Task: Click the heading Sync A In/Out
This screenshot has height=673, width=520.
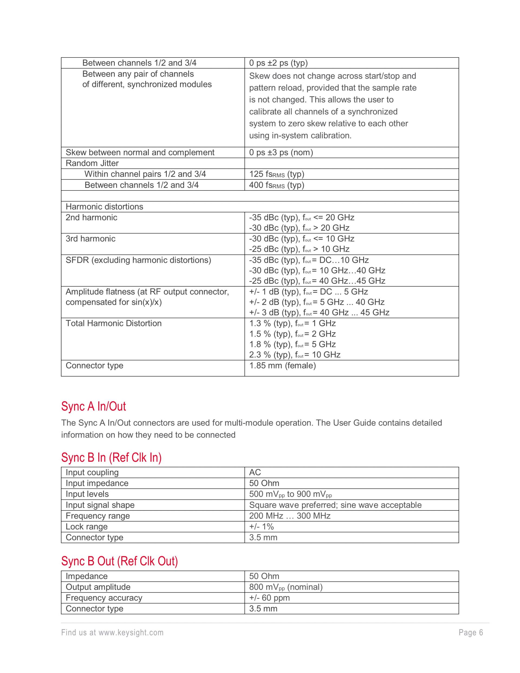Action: [x=93, y=406]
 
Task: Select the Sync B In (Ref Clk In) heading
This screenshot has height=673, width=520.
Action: [x=111, y=458]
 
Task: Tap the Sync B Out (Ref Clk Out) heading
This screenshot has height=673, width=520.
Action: [x=119, y=561]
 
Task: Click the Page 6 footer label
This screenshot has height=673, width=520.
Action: [x=471, y=633]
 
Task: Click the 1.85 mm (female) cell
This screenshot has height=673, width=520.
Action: [x=282, y=366]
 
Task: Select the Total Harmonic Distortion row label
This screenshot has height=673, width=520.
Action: [x=113, y=323]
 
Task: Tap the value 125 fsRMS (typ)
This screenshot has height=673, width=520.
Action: [x=276, y=174]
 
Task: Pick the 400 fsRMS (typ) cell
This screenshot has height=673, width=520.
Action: [x=276, y=185]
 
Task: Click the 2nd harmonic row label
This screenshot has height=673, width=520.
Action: [x=91, y=218]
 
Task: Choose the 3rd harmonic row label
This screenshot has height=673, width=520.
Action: [x=90, y=239]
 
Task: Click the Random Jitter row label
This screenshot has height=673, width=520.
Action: [x=92, y=163]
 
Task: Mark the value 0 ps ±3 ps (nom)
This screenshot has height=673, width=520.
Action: [x=281, y=153]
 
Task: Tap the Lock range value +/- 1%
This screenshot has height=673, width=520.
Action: [x=261, y=527]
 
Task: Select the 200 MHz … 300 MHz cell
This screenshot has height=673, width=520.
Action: [x=290, y=516]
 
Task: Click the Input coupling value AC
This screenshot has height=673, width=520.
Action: [x=255, y=473]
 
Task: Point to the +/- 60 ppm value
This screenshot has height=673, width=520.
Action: [x=269, y=598]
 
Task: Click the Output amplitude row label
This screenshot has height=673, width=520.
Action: [x=98, y=587]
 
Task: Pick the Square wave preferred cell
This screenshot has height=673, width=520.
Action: [x=335, y=505]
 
